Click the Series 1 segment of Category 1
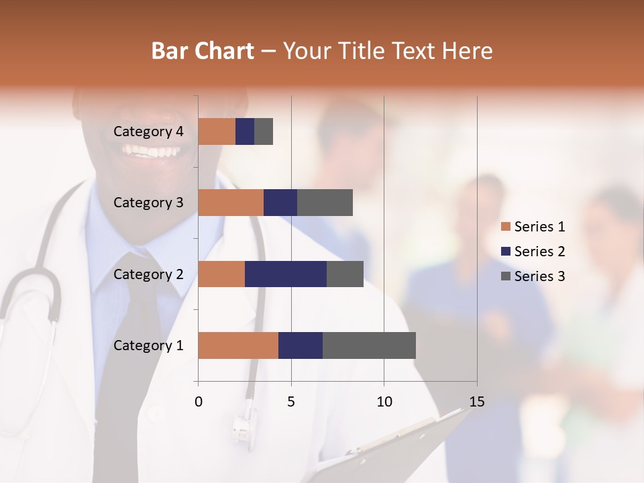tap(238, 345)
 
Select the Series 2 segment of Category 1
tap(301, 345)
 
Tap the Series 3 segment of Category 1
tap(369, 345)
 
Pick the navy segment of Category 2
tap(286, 274)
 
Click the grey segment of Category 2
tap(345, 274)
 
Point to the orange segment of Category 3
tap(231, 203)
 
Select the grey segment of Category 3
tap(325, 203)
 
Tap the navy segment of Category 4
tap(245, 131)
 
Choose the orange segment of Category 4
tap(217, 131)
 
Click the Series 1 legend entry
tap(533, 227)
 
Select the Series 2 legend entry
tap(533, 252)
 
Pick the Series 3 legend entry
tap(533, 276)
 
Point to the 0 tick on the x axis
tap(199, 402)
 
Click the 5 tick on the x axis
tap(291, 402)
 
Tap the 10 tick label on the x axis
tap(384, 402)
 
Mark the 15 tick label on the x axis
tap(476, 402)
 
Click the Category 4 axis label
tap(148, 131)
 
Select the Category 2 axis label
tap(148, 274)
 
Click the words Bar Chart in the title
tap(203, 51)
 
